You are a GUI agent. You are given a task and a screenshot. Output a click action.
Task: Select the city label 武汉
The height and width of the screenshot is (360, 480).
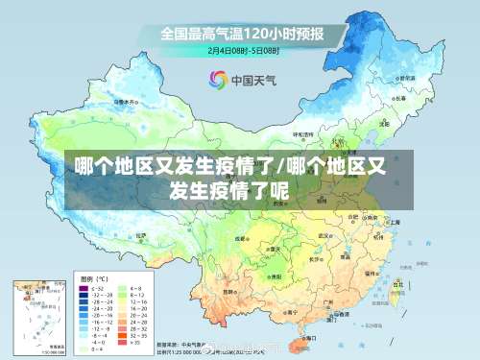325,234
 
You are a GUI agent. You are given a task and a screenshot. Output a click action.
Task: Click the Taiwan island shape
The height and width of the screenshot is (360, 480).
396,287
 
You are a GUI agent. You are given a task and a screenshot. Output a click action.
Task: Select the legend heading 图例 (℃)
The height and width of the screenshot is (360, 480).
90,276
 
